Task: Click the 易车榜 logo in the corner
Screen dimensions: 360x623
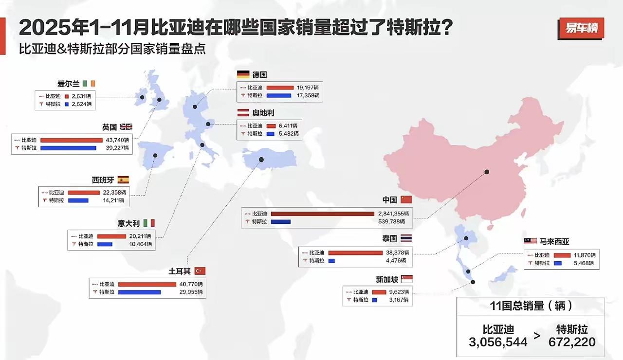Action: (x=581, y=28)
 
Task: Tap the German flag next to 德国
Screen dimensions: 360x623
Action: (x=243, y=74)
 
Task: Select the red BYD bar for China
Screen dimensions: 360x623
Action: (x=322, y=213)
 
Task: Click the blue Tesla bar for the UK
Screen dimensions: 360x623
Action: (x=68, y=148)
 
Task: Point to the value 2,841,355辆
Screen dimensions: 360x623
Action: (x=393, y=213)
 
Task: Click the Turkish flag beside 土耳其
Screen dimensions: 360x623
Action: (x=200, y=270)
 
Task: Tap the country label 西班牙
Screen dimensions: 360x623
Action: (x=103, y=180)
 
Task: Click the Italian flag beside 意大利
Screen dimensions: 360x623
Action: (x=149, y=223)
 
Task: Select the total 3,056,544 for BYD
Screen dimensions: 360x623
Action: (x=498, y=342)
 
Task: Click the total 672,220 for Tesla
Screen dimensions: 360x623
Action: (x=572, y=342)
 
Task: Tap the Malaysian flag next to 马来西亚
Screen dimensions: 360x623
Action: (x=531, y=241)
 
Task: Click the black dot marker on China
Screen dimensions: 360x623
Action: (x=486, y=172)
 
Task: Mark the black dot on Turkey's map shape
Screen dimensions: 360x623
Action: (x=261, y=160)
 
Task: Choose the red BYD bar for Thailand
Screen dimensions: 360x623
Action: (x=355, y=252)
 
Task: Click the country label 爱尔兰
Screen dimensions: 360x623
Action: (x=68, y=84)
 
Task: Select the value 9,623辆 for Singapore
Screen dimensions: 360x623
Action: (x=398, y=292)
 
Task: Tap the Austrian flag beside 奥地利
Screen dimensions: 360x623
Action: (x=243, y=112)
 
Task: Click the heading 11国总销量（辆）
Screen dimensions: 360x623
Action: (x=530, y=306)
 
